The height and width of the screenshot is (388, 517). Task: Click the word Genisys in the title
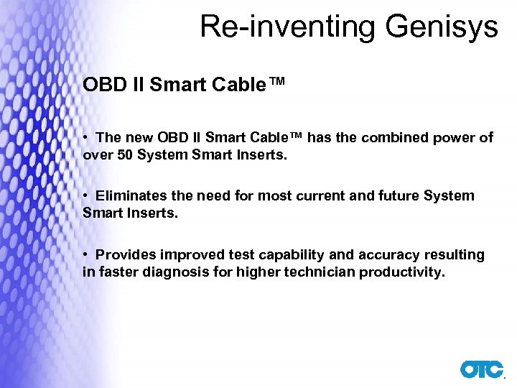tap(440, 27)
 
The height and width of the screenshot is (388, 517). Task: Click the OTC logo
tap(482, 369)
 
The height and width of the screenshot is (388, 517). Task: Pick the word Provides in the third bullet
tap(124, 255)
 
